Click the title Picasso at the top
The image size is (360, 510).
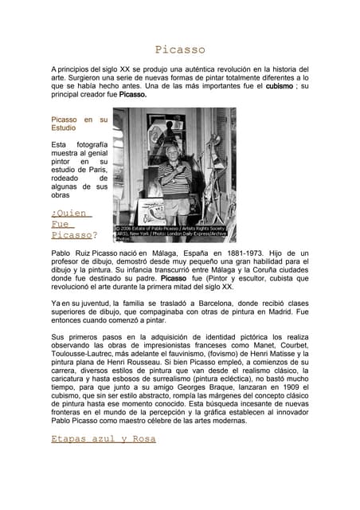click(180, 49)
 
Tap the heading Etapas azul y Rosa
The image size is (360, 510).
click(103, 438)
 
